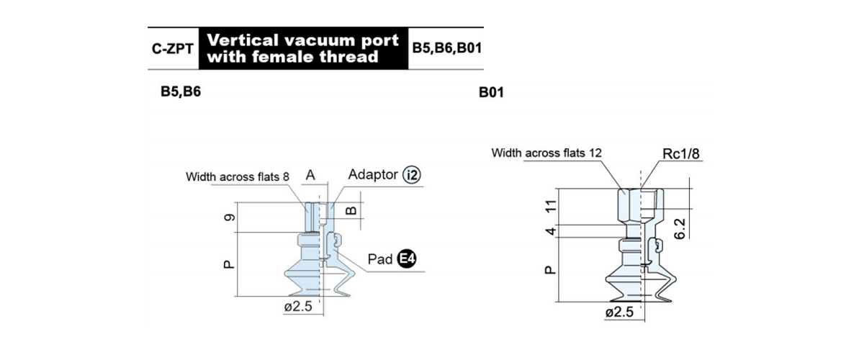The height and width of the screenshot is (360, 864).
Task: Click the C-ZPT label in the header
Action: (x=172, y=49)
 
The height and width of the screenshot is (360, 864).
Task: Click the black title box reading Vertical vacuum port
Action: (x=303, y=48)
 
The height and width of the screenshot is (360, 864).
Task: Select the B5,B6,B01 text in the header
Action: (x=447, y=48)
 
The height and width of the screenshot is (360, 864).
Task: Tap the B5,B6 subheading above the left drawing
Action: (x=181, y=92)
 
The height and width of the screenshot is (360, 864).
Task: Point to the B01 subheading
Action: (x=491, y=93)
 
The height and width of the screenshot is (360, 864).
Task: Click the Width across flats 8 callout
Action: (x=237, y=176)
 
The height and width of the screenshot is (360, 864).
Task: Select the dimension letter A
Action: (x=310, y=175)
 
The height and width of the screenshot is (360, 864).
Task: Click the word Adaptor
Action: (x=373, y=174)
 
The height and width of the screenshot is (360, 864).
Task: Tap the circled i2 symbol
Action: (x=412, y=175)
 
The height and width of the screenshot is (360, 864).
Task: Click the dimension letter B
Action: (x=351, y=210)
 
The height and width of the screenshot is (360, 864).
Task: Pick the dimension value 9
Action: (x=230, y=217)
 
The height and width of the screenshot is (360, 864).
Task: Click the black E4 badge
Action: (x=407, y=258)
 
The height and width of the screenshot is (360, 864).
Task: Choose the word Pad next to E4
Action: (x=380, y=259)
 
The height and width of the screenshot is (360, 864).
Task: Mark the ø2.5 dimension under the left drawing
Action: (x=298, y=307)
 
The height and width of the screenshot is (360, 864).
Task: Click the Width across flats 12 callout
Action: (x=546, y=153)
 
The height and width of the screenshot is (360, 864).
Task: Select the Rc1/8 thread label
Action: (x=681, y=154)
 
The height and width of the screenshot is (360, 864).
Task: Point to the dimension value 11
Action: (x=552, y=206)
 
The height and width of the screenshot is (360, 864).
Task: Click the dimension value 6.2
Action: (x=680, y=228)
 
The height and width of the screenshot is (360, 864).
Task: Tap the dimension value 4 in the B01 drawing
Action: (x=552, y=232)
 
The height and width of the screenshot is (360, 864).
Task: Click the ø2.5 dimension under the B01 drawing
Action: (x=619, y=312)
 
